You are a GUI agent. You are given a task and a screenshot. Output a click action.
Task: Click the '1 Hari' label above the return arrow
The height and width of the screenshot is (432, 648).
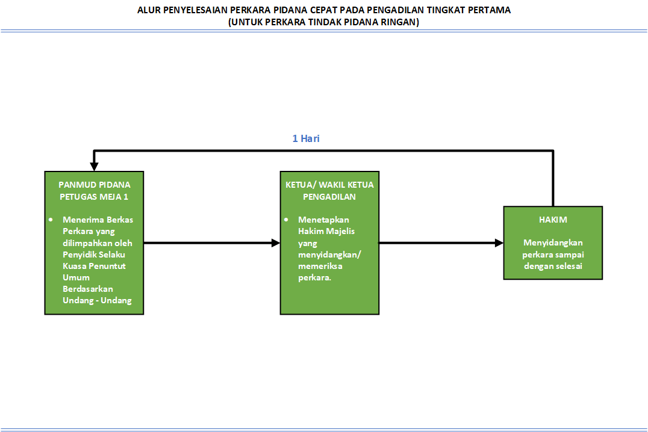pos(306,139)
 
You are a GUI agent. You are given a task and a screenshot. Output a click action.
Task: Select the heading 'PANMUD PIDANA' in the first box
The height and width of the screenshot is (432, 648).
pos(94,185)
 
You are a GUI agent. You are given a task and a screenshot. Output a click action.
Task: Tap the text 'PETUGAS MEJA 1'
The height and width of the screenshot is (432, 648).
pos(94,196)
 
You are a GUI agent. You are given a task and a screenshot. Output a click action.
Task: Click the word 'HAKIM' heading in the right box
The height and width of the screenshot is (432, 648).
pos(553,220)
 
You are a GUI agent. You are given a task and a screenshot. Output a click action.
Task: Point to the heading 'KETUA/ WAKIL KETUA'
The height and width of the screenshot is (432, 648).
pos(329,185)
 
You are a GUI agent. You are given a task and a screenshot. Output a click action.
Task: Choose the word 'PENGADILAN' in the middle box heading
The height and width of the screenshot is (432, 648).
pos(329,196)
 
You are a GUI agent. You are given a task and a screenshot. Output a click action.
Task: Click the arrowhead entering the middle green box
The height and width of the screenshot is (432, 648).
pos(276,243)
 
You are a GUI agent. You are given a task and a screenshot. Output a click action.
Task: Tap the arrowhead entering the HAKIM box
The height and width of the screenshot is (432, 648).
pos(499,243)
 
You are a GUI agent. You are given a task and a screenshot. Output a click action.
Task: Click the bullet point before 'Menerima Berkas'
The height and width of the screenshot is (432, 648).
pos(51,220)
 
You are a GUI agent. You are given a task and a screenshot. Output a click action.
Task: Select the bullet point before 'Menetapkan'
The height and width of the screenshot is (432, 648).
pos(286,220)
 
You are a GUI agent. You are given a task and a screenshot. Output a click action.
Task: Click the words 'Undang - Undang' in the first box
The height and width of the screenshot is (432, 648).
pos(97,300)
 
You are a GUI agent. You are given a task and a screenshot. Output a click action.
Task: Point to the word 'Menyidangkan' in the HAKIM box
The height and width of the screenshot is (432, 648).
pos(553,243)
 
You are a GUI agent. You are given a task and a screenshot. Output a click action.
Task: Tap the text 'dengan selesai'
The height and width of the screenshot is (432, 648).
pos(553,266)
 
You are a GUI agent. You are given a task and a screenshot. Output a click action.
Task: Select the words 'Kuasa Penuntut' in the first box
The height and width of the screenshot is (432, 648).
pos(94,266)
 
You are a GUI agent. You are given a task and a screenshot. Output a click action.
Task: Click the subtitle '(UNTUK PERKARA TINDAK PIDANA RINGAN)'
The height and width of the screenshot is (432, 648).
pos(324,22)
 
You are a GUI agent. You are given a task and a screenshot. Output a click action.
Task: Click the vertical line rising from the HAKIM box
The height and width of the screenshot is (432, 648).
pos(553,181)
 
